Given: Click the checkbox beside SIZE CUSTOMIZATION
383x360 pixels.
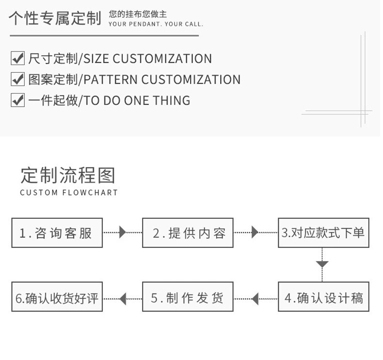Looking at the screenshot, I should (17, 59).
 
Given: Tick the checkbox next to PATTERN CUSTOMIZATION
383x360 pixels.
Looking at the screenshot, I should (17, 79).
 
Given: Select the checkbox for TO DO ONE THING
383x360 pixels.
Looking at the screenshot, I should (17, 100).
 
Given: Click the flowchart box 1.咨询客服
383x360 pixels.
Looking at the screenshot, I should (57, 233).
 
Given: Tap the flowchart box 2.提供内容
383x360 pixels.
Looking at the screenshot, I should (188, 233).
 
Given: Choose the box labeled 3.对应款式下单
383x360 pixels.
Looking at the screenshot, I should (323, 233).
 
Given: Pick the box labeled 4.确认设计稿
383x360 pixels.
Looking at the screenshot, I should (323, 297).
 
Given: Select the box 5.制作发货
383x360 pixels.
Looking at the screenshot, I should (188, 297).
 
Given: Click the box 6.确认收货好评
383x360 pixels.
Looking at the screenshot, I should (57, 297).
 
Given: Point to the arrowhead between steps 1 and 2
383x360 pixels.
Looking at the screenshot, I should (122, 232).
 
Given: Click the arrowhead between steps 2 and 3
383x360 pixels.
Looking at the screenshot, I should (255, 232).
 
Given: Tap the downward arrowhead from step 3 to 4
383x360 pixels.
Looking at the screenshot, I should (322, 264).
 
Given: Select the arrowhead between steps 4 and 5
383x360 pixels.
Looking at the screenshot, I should (255, 298).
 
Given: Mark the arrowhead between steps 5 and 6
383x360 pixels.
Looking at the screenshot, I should (123, 298).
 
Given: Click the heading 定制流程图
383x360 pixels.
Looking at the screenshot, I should (68, 175).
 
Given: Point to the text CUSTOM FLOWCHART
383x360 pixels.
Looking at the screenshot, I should (69, 193).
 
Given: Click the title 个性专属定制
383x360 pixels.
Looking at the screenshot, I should (55, 18).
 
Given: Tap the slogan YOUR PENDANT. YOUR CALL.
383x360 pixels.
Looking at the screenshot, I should (156, 24).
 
